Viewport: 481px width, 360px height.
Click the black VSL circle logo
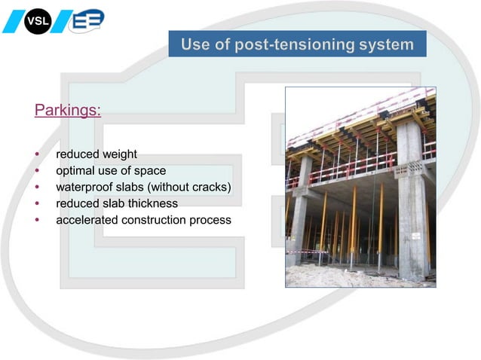(36, 20)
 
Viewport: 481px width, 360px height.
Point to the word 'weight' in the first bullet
(119, 154)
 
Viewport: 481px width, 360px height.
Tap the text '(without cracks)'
(188, 187)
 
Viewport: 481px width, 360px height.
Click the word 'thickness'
(151, 203)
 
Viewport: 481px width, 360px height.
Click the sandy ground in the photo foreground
(354, 277)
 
